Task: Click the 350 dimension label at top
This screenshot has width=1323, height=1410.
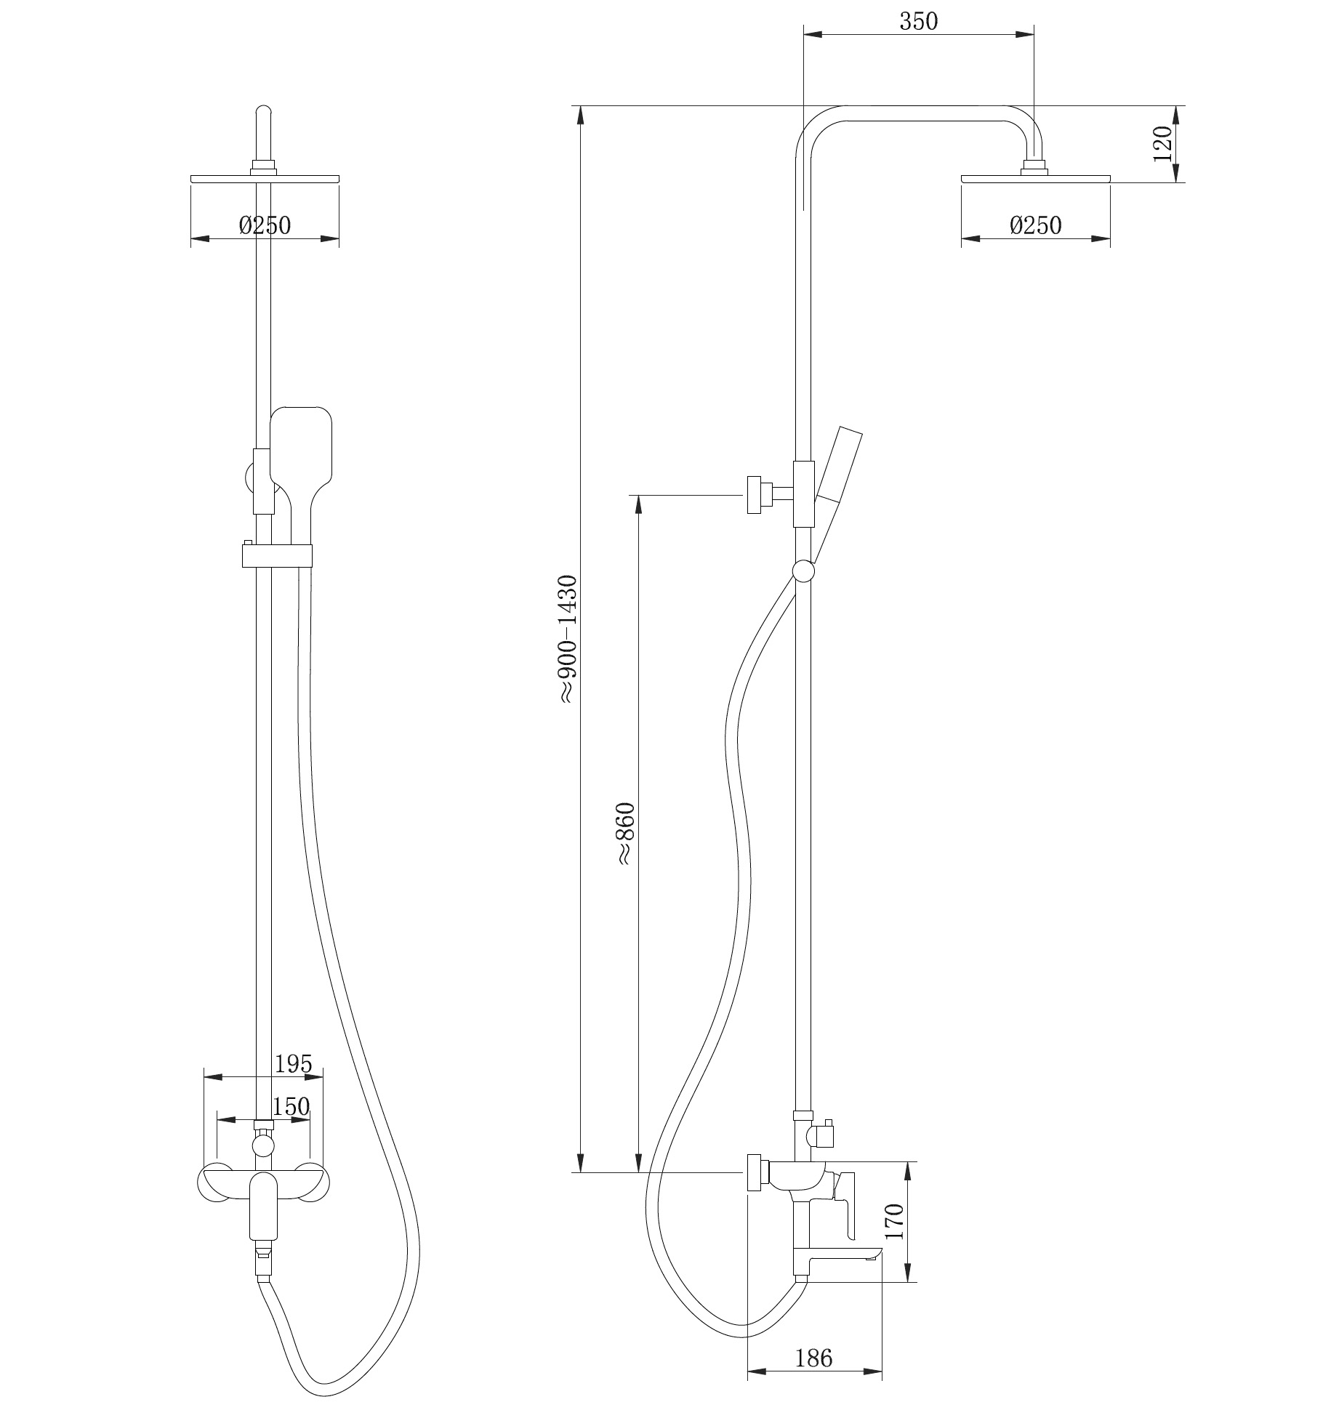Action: tap(919, 22)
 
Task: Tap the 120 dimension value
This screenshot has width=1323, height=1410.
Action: tap(1162, 143)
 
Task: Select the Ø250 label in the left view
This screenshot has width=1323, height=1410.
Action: tap(265, 226)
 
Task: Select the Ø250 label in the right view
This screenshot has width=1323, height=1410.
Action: tap(1035, 226)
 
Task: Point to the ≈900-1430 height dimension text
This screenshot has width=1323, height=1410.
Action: tap(568, 639)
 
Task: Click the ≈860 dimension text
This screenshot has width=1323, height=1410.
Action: tap(626, 834)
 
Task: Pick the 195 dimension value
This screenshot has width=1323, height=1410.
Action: tap(293, 1063)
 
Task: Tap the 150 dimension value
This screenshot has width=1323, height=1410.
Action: tap(291, 1106)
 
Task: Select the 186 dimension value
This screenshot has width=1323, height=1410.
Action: tap(813, 1358)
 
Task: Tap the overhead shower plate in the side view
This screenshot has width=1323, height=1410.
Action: tap(1035, 178)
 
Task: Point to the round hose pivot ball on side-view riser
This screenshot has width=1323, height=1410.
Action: tap(803, 572)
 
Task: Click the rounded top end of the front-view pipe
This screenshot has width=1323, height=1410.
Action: tap(264, 113)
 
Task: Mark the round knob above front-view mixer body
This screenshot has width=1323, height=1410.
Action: tap(262, 1147)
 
